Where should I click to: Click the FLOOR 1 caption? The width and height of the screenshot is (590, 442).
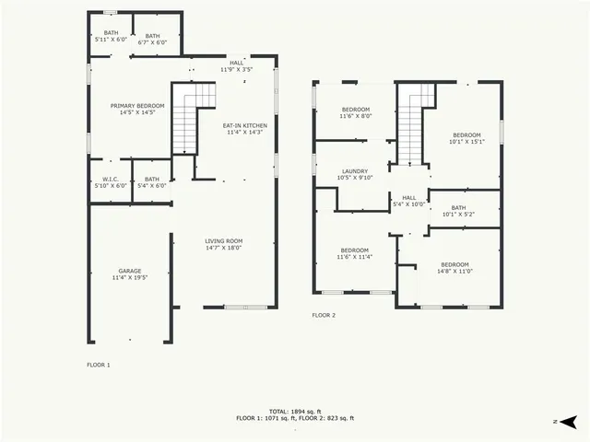(x=99, y=366)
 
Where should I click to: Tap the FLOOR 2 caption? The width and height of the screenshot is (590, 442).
(x=324, y=316)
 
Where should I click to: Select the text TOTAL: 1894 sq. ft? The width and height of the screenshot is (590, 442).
(x=294, y=411)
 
